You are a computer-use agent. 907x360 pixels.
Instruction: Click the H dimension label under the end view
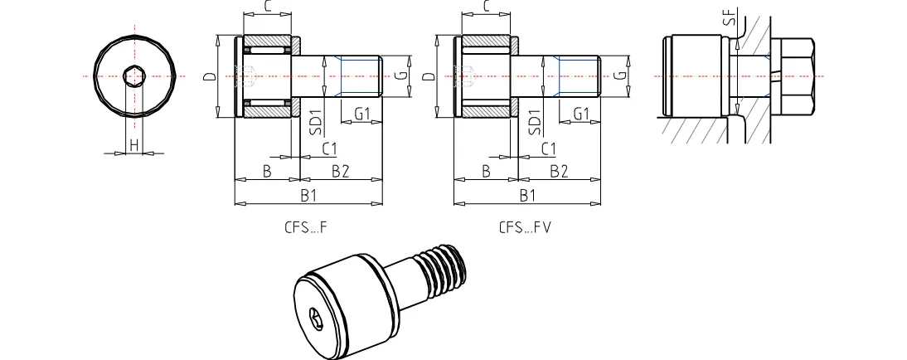[133, 145]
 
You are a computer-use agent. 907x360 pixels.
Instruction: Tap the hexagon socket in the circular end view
[133, 76]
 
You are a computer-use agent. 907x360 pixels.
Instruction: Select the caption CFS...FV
[525, 226]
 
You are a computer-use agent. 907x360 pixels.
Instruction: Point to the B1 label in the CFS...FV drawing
[527, 196]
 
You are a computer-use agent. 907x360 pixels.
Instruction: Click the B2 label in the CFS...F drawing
[340, 171]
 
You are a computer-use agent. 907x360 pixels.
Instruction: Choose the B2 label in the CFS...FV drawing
[560, 171]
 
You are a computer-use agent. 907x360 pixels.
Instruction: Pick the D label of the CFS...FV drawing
[429, 77]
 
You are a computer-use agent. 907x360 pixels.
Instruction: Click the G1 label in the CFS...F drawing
[361, 113]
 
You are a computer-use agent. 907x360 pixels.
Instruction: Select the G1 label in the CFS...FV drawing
[580, 113]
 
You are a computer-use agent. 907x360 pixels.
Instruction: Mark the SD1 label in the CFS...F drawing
[315, 122]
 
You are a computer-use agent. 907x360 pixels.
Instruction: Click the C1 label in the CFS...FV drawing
[548, 148]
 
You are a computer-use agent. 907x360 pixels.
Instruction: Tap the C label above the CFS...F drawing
[267, 7]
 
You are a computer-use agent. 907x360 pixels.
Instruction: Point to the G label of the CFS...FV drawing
[619, 75]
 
